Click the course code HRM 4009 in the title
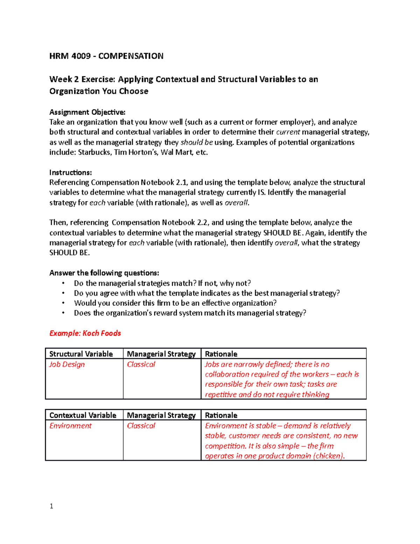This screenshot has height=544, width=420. click(70, 56)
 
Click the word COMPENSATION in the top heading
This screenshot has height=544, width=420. click(131, 56)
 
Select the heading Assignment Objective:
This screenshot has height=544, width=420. click(87, 112)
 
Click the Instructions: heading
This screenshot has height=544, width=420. click(70, 172)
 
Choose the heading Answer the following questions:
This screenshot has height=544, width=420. click(104, 273)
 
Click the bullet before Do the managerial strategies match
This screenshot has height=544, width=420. click(63, 283)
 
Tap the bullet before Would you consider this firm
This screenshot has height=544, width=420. click(63, 303)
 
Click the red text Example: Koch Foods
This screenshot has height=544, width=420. click(85, 333)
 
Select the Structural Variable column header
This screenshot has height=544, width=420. click(81, 354)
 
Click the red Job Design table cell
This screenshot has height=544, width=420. click(67, 364)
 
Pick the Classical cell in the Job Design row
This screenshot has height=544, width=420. click(141, 364)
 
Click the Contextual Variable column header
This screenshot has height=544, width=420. click(83, 415)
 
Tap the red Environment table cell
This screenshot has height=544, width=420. click(70, 426)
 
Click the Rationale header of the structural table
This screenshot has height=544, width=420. click(221, 354)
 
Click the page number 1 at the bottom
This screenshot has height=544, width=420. click(51, 506)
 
